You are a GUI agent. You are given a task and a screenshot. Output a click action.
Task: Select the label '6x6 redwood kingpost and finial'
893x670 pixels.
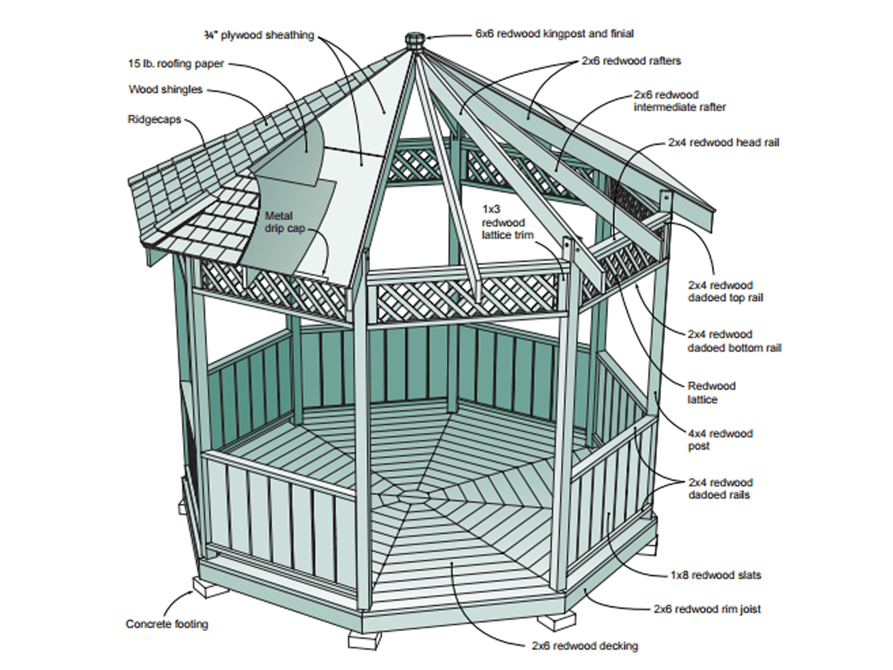pos(554,33)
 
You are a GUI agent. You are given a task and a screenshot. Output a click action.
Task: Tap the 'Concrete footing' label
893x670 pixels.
pos(167,624)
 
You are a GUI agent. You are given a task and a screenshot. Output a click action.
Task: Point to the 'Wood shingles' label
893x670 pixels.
pos(166,89)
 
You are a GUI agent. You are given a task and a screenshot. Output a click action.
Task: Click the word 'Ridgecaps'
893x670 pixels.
pos(154,119)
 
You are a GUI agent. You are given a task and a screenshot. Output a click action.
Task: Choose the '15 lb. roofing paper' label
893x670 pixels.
pos(176,63)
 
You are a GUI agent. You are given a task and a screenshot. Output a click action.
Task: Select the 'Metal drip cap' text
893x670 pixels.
pos(284,222)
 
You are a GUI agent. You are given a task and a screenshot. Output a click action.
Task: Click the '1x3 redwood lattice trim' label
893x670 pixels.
pos(507,222)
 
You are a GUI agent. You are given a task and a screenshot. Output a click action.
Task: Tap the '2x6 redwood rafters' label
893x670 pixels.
pos(631,61)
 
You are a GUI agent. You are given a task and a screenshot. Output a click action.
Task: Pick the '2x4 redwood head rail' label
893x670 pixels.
pos(723,142)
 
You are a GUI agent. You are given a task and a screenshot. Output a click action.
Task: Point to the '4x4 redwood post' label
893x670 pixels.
pos(720,440)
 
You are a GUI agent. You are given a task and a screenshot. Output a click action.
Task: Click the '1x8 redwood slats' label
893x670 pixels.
pos(715,575)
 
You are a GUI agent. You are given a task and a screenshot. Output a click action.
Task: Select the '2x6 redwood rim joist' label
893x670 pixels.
pos(707,609)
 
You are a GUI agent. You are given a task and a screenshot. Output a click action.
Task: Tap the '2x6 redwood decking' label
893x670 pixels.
pos(585,645)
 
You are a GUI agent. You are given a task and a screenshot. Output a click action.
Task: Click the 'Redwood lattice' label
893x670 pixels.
pos(711,392)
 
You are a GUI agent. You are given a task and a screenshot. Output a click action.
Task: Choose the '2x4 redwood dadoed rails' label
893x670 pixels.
pos(720,488)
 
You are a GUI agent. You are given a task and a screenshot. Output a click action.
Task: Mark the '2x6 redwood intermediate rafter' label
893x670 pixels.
pos(679,101)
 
